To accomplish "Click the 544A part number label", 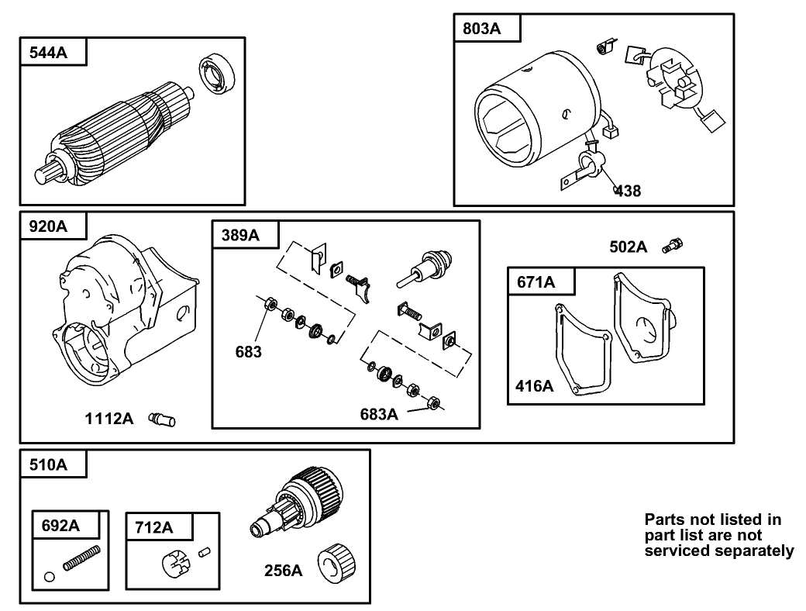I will pyautogui.click(x=48, y=53).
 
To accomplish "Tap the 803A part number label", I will pyautogui.click(x=482, y=29).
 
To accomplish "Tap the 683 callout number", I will pyautogui.click(x=249, y=352).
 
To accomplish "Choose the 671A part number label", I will pyautogui.click(x=536, y=282).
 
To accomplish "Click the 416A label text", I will pyautogui.click(x=535, y=385).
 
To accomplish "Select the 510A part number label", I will pyautogui.click(x=48, y=465).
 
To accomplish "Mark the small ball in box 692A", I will pyautogui.click(x=50, y=576).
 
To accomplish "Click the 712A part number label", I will pyautogui.click(x=153, y=527).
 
